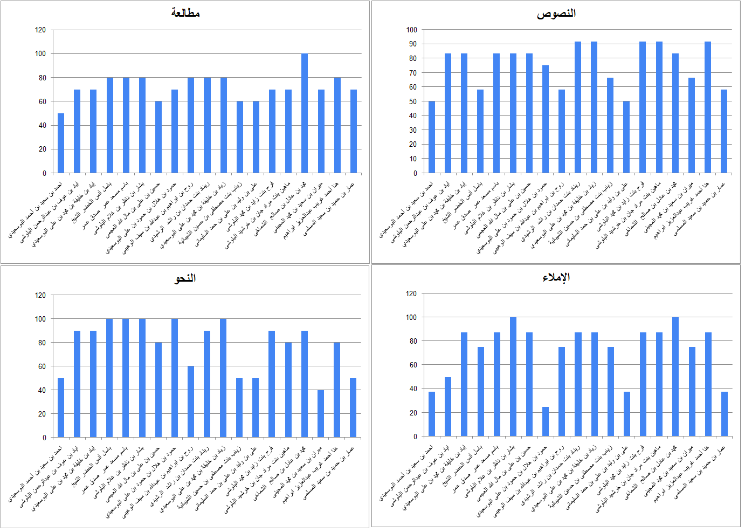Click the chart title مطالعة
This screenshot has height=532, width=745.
click(x=185, y=13)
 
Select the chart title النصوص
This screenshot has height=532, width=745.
click(x=556, y=13)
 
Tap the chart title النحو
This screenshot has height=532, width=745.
click(x=185, y=278)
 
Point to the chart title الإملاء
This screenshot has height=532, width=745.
click(x=556, y=277)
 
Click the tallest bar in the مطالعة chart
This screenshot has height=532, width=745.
click(x=305, y=113)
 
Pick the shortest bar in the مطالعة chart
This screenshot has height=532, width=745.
click(x=61, y=143)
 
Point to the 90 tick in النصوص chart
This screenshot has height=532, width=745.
click(x=412, y=44)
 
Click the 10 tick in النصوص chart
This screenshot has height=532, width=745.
click(x=413, y=159)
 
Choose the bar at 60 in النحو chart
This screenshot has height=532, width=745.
click(x=191, y=401)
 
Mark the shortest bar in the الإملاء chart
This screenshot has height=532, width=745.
click(x=546, y=421)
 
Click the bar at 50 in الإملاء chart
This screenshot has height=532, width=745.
click(x=448, y=406)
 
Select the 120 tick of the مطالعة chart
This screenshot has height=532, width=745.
click(x=40, y=30)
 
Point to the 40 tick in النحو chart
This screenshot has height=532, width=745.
click(x=41, y=390)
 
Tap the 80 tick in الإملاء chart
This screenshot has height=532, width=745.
click(x=413, y=341)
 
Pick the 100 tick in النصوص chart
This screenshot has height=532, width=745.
click(x=411, y=30)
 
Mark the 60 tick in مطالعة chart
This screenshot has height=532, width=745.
click(x=42, y=101)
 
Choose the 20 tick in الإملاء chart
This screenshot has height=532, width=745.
click(x=413, y=413)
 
